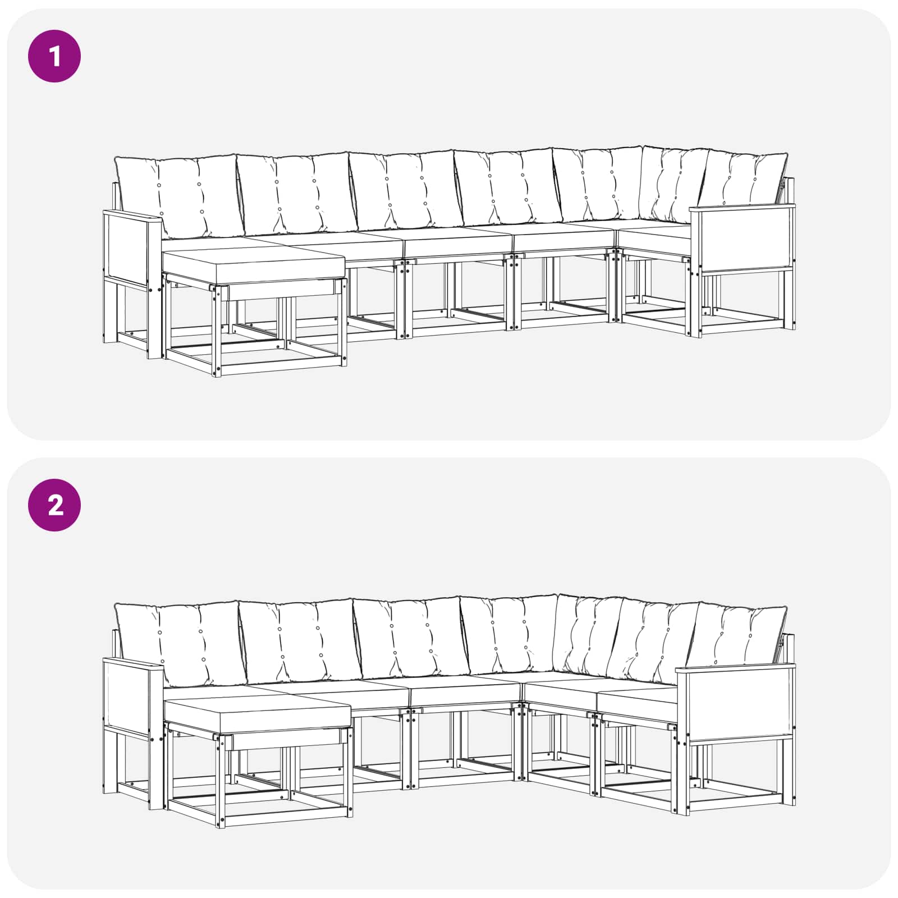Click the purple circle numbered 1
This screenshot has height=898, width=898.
[54, 56]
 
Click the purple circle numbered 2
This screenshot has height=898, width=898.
[54, 505]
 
